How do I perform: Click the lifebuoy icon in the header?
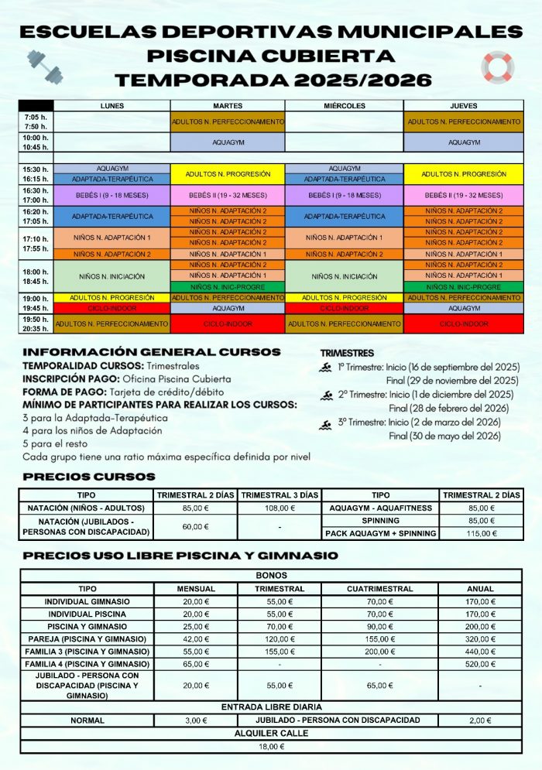[x=497, y=67]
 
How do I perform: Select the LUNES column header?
[x=112, y=106]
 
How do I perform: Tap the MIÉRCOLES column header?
[x=345, y=106]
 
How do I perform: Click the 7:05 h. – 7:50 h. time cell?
[x=36, y=121]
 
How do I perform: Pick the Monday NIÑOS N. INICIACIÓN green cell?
[x=112, y=276]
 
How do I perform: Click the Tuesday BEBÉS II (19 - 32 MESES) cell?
[x=228, y=195]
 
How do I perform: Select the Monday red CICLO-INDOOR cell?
[x=112, y=308]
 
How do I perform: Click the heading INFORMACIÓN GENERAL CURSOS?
[x=152, y=352]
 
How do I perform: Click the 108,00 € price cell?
[x=280, y=508]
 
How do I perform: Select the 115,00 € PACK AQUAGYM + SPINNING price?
[x=482, y=533]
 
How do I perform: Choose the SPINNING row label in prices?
[x=381, y=521]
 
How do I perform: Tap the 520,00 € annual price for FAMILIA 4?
[x=481, y=664]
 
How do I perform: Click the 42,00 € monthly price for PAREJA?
[x=196, y=639]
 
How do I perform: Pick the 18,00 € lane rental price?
[x=271, y=747]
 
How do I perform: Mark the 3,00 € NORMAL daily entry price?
[x=196, y=720]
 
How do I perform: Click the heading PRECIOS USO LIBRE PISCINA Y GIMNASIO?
[x=180, y=556]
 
